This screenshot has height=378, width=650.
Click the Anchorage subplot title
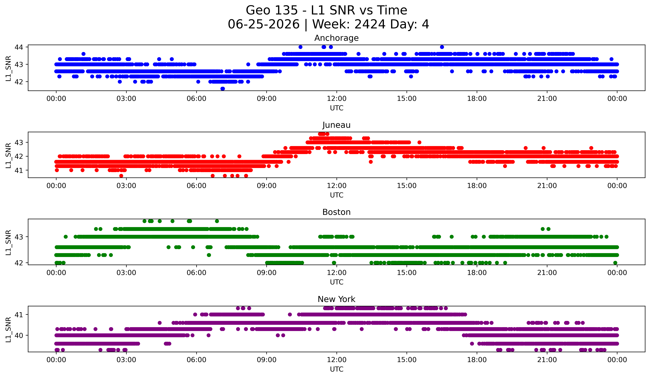point(336,38)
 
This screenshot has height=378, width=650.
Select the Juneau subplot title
point(336,125)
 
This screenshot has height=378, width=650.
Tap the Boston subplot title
point(336,212)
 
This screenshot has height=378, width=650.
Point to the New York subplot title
point(336,299)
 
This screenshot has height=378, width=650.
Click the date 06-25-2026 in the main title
point(264,24)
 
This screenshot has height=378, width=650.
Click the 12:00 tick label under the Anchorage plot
point(337,99)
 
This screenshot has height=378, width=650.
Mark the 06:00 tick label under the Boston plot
point(197,273)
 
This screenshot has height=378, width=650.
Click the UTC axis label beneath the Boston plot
point(337,282)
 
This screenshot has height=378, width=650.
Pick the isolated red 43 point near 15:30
point(419,142)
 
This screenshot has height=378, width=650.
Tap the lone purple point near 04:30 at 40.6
point(160,323)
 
